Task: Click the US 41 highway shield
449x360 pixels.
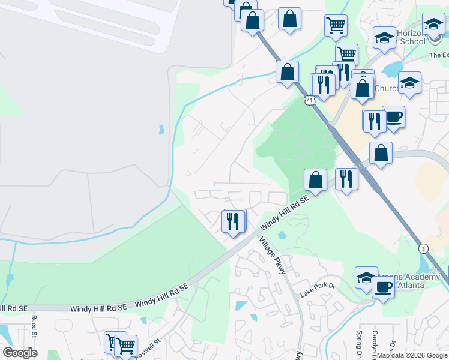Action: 309,101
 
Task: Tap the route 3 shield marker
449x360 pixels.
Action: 424,248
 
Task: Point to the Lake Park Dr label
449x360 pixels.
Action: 318,290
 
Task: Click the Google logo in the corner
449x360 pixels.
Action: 20,353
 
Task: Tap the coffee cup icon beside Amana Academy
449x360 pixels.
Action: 383,286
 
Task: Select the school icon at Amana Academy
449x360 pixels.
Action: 366,277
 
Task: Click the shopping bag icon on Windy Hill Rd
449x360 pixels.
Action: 315,179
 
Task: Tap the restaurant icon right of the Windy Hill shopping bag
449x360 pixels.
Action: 346,179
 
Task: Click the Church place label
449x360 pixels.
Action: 386,89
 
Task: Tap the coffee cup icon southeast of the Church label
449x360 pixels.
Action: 393,116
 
